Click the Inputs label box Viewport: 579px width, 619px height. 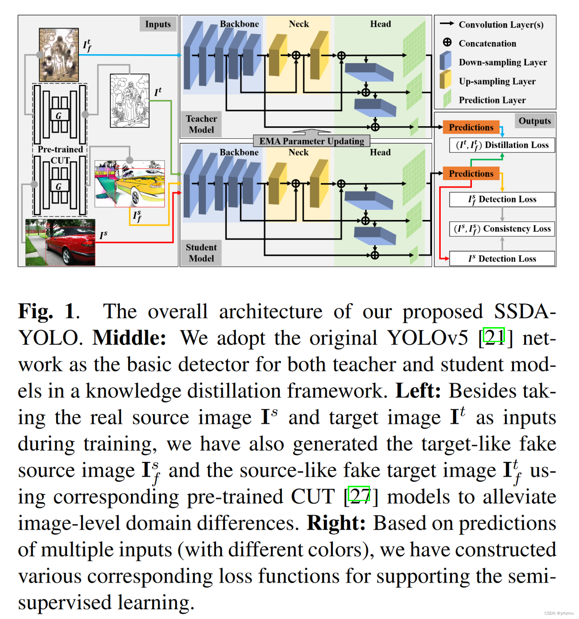(158, 24)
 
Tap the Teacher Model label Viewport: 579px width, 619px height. (201, 124)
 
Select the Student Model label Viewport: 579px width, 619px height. (201, 253)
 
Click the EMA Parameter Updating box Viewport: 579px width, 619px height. (311, 141)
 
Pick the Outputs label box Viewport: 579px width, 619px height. (534, 121)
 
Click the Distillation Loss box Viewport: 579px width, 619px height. (502, 145)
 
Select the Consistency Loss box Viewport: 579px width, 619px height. (502, 229)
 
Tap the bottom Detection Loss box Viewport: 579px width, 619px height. (502, 258)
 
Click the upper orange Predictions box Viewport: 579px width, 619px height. (471, 127)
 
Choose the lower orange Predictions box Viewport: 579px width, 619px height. (471, 174)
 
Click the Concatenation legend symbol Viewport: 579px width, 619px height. (447, 42)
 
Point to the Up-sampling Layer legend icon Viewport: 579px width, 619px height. (445, 80)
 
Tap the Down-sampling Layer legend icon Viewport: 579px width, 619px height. (445, 61)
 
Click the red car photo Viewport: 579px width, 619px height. (60, 242)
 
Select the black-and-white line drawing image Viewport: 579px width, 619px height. (130, 101)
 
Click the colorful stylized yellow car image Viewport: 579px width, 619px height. (130, 184)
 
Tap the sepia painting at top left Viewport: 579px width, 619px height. (59, 55)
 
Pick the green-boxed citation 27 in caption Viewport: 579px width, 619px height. (359, 494)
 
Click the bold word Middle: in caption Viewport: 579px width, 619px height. (129, 338)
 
